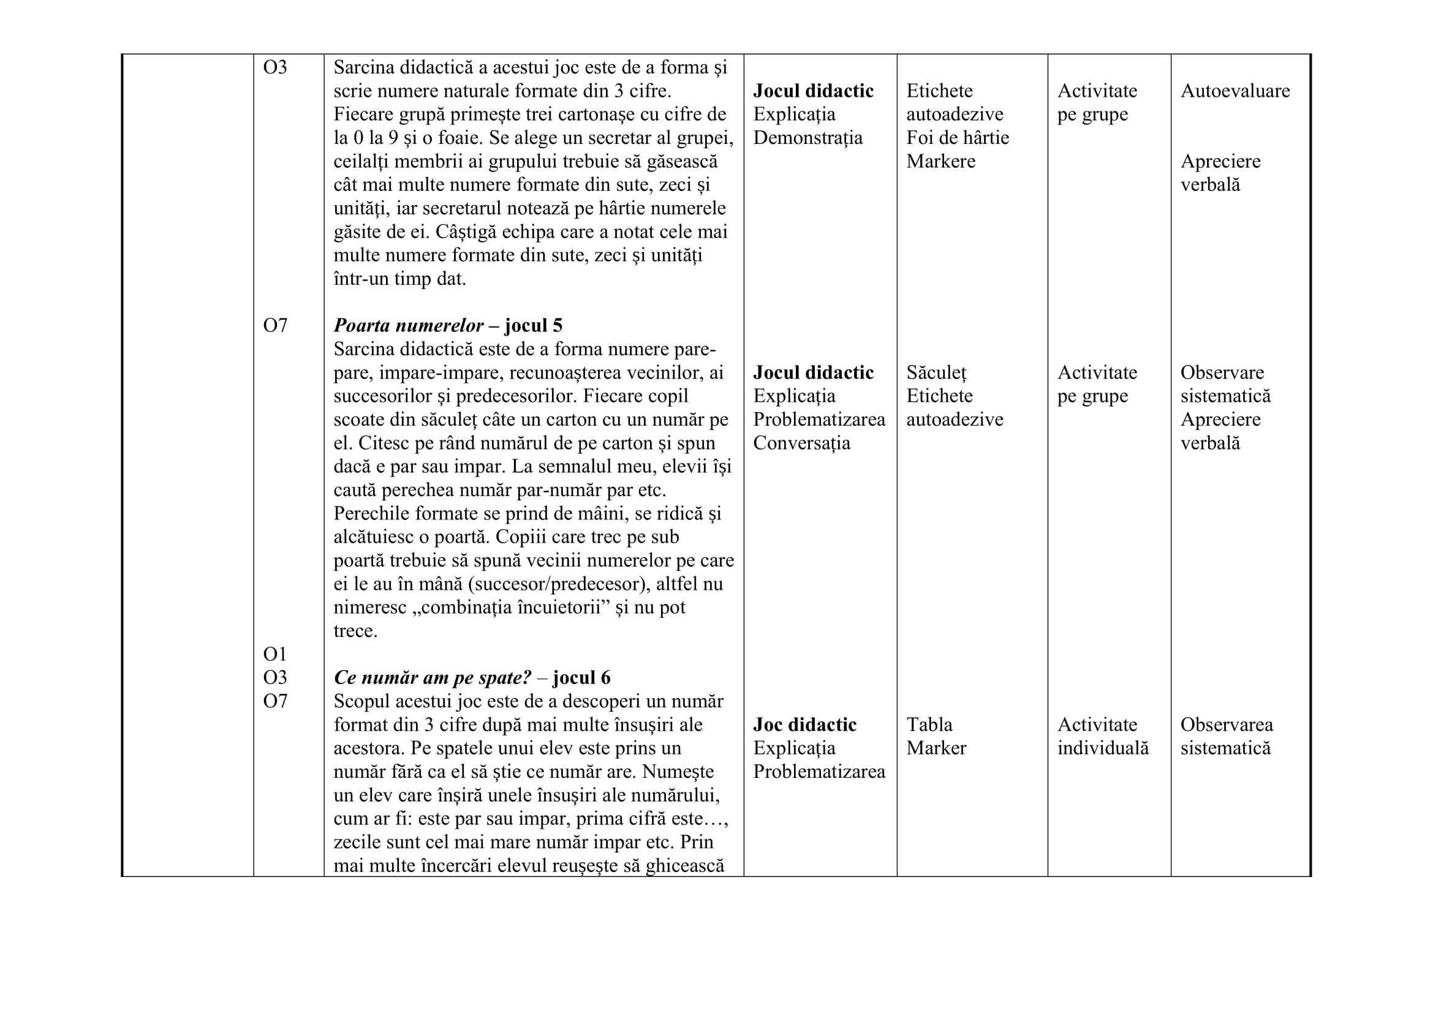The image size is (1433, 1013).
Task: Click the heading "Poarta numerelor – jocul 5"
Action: (447, 326)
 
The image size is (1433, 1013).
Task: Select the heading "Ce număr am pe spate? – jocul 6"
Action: (472, 678)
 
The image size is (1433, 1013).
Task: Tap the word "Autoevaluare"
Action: (1234, 91)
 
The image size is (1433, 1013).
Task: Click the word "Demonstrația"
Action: (807, 138)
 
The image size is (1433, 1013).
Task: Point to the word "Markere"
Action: (940, 162)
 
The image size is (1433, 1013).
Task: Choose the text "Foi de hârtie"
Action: (958, 138)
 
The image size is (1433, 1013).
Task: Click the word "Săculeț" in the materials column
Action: (936, 373)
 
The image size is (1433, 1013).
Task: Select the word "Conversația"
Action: (801, 443)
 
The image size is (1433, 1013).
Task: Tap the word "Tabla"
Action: (929, 725)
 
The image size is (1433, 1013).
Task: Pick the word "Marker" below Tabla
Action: (936, 748)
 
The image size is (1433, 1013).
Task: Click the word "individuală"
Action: (1103, 748)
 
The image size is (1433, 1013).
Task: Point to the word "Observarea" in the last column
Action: (1227, 725)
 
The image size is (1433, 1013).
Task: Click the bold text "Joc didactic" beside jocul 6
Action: (804, 725)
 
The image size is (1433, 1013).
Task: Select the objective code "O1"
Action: (274, 654)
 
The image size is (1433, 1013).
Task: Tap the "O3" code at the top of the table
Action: (274, 67)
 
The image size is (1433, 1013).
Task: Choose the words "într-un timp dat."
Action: (399, 279)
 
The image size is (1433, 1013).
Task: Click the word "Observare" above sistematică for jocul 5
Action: (1222, 373)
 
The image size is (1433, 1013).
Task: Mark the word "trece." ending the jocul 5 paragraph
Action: (355, 631)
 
